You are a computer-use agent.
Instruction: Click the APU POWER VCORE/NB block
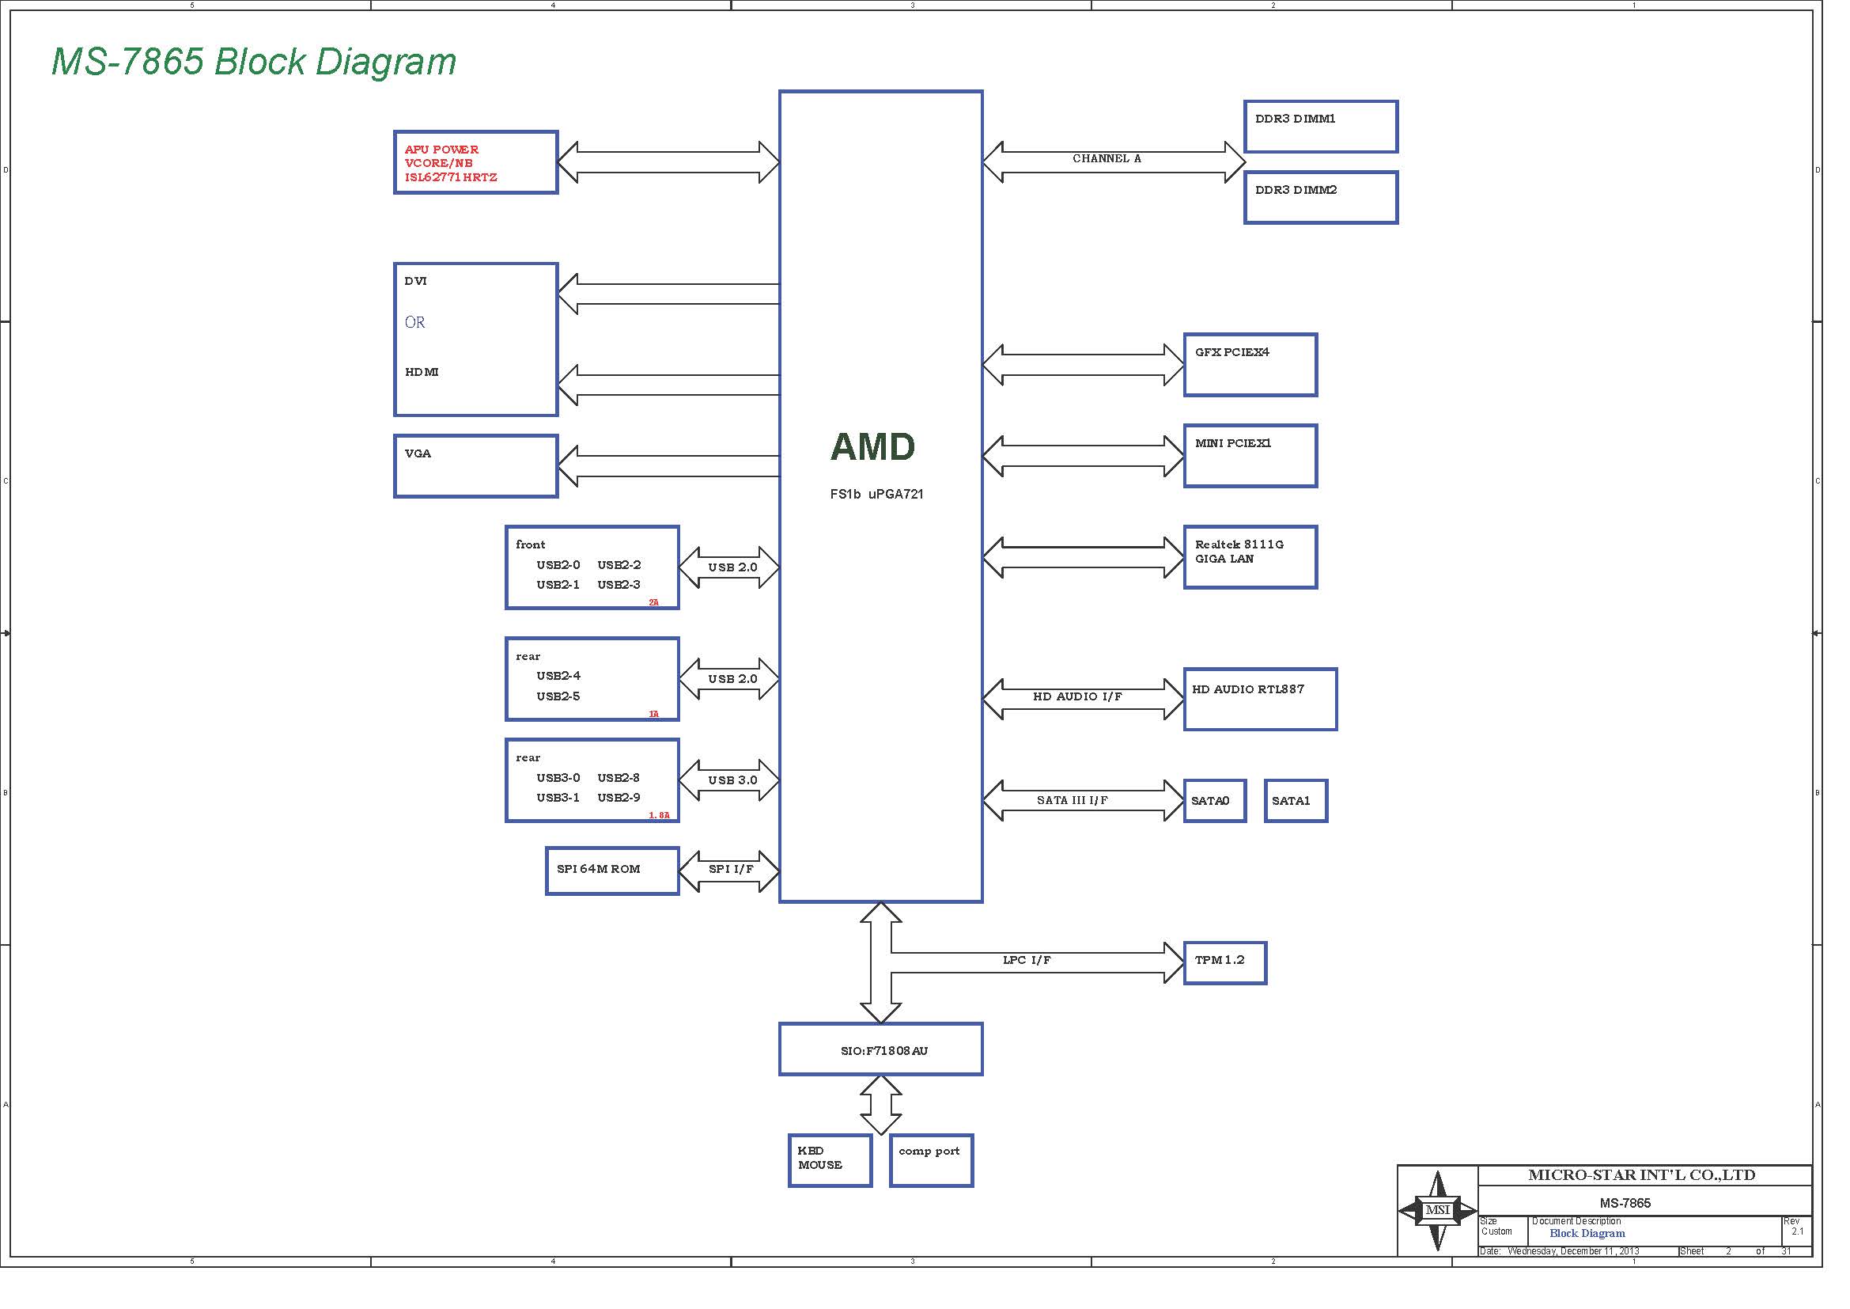[x=475, y=162]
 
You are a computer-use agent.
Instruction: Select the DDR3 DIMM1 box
[x=1321, y=127]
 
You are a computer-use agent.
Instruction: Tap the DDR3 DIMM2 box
[x=1321, y=198]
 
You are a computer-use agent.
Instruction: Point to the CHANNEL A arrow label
[x=1107, y=159]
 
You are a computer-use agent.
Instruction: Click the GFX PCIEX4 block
[x=1250, y=365]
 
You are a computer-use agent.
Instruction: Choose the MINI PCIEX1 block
[x=1250, y=456]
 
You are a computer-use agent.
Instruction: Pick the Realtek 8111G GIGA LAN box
[x=1250, y=558]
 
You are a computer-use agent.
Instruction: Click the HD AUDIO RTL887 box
[x=1260, y=700]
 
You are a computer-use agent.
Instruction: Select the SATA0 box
[x=1215, y=800]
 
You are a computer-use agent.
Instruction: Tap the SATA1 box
[x=1296, y=800]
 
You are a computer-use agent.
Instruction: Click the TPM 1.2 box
[x=1224, y=963]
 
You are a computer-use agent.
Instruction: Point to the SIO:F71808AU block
[x=880, y=1049]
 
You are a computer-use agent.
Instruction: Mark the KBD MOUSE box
[x=830, y=1161]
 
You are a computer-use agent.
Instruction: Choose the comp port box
[x=932, y=1161]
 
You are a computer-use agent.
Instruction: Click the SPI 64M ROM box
[x=612, y=871]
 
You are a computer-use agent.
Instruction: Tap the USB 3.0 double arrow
[x=729, y=780]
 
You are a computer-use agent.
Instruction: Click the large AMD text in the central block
[x=872, y=446]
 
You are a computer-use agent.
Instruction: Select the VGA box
[x=475, y=467]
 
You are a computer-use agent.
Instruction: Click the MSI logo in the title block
[x=1437, y=1210]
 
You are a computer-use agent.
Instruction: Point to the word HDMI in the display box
[x=422, y=372]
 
